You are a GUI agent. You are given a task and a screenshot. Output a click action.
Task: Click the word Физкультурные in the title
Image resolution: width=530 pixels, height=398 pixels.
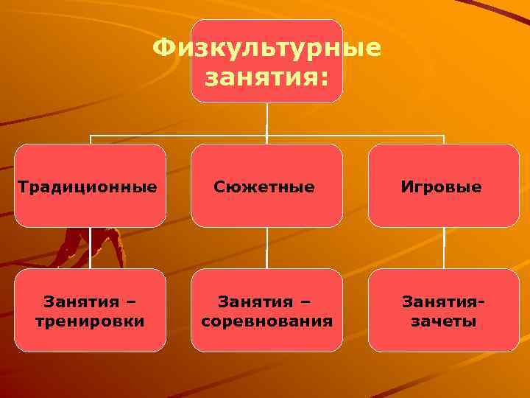(266, 49)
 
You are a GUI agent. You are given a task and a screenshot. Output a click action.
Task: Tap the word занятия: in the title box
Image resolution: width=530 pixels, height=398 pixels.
(266, 76)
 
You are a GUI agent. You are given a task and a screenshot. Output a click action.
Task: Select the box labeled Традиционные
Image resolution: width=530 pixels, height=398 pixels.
(90, 186)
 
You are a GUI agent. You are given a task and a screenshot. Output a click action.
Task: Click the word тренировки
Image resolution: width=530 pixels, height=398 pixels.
(90, 322)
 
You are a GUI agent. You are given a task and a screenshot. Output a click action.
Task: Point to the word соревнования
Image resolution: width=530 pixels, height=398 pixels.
(266, 322)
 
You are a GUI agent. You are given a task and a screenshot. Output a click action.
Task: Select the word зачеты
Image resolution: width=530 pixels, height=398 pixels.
(443, 322)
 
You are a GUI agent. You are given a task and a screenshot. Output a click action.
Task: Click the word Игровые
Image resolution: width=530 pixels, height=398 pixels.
(442, 187)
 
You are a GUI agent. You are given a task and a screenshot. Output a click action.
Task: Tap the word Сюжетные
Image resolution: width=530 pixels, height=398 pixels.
(264, 187)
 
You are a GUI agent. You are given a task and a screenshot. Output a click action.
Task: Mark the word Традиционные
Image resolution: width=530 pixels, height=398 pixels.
(87, 187)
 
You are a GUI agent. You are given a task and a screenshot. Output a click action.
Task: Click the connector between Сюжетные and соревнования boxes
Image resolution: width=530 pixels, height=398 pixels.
(267, 248)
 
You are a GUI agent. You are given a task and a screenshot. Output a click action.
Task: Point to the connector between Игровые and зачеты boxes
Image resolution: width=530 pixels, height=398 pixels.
(444, 248)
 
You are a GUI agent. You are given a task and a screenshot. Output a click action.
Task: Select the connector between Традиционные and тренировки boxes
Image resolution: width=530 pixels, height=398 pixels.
(90, 248)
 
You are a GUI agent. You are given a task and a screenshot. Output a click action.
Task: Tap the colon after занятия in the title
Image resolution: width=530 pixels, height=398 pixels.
(324, 77)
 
